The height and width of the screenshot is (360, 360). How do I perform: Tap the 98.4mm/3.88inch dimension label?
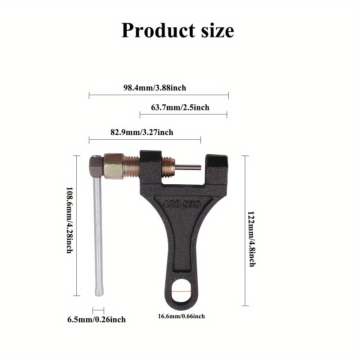[155, 87]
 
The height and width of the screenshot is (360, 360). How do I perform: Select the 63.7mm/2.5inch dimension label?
[183, 107]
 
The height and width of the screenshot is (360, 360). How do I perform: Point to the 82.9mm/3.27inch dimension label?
[141, 132]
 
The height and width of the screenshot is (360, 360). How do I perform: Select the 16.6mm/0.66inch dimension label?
[181, 316]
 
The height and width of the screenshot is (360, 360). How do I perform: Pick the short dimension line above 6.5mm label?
[98, 310]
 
